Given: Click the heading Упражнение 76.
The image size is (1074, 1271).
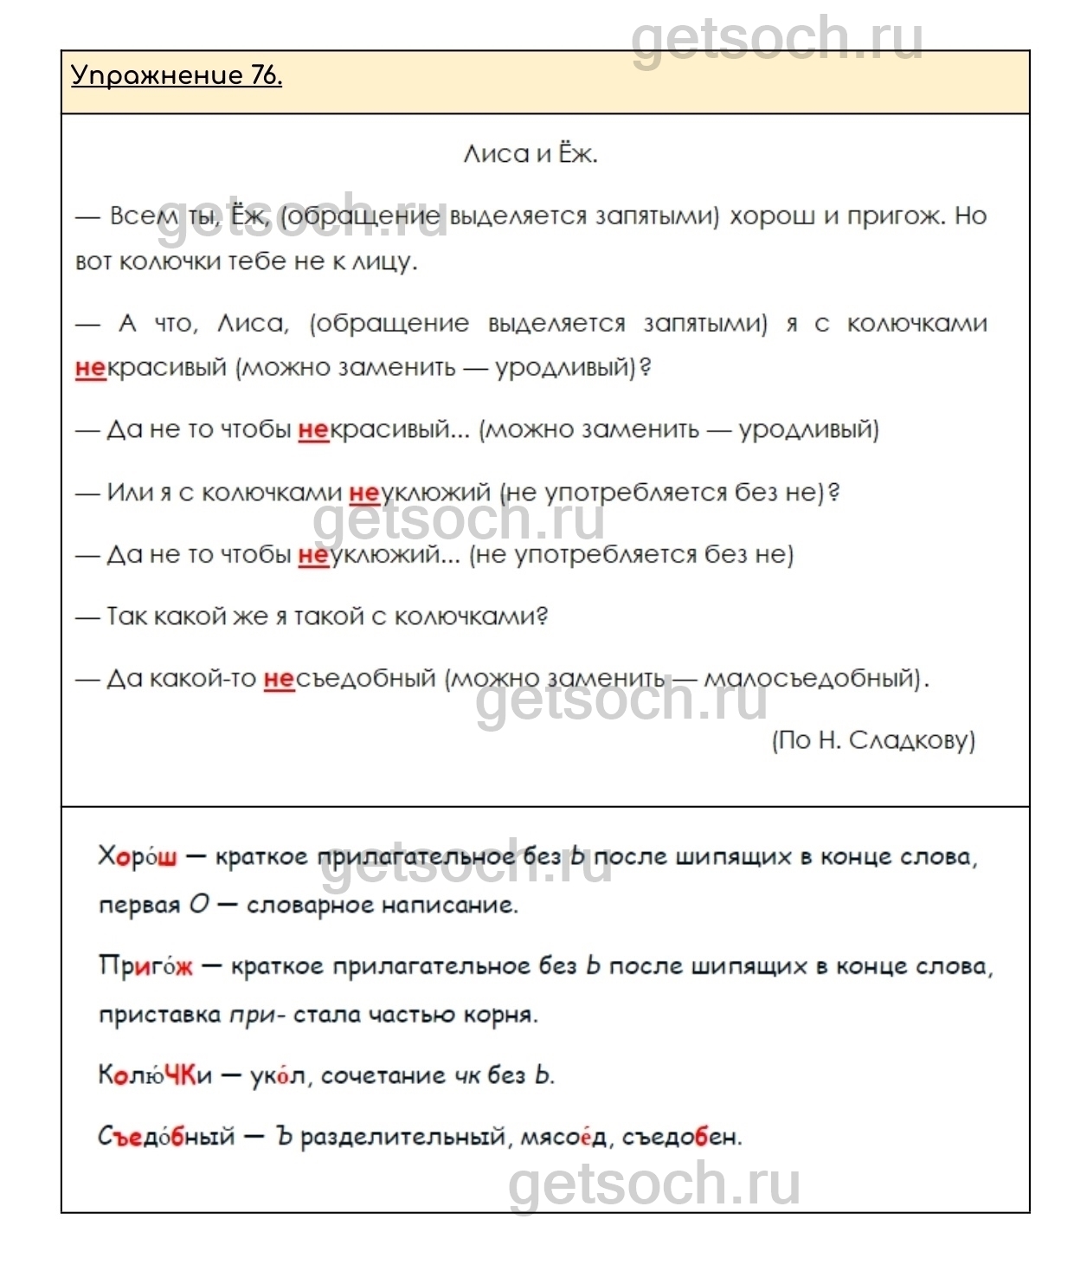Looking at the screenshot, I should (177, 76).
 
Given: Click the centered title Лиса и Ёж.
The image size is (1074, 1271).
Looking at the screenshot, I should (531, 154).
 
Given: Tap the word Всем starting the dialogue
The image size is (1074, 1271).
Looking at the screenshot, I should (144, 216).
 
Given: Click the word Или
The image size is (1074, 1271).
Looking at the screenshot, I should (129, 493).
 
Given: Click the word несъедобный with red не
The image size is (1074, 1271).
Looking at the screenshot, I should (349, 678).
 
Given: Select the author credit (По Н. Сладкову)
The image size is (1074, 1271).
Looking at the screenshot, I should (872, 740).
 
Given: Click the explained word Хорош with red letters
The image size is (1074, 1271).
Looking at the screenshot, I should (138, 857).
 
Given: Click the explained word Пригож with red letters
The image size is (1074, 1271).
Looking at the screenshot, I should (145, 966).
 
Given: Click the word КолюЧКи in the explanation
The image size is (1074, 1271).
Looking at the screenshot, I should (155, 1075).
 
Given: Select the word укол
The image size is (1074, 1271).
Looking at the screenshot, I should (278, 1076).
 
